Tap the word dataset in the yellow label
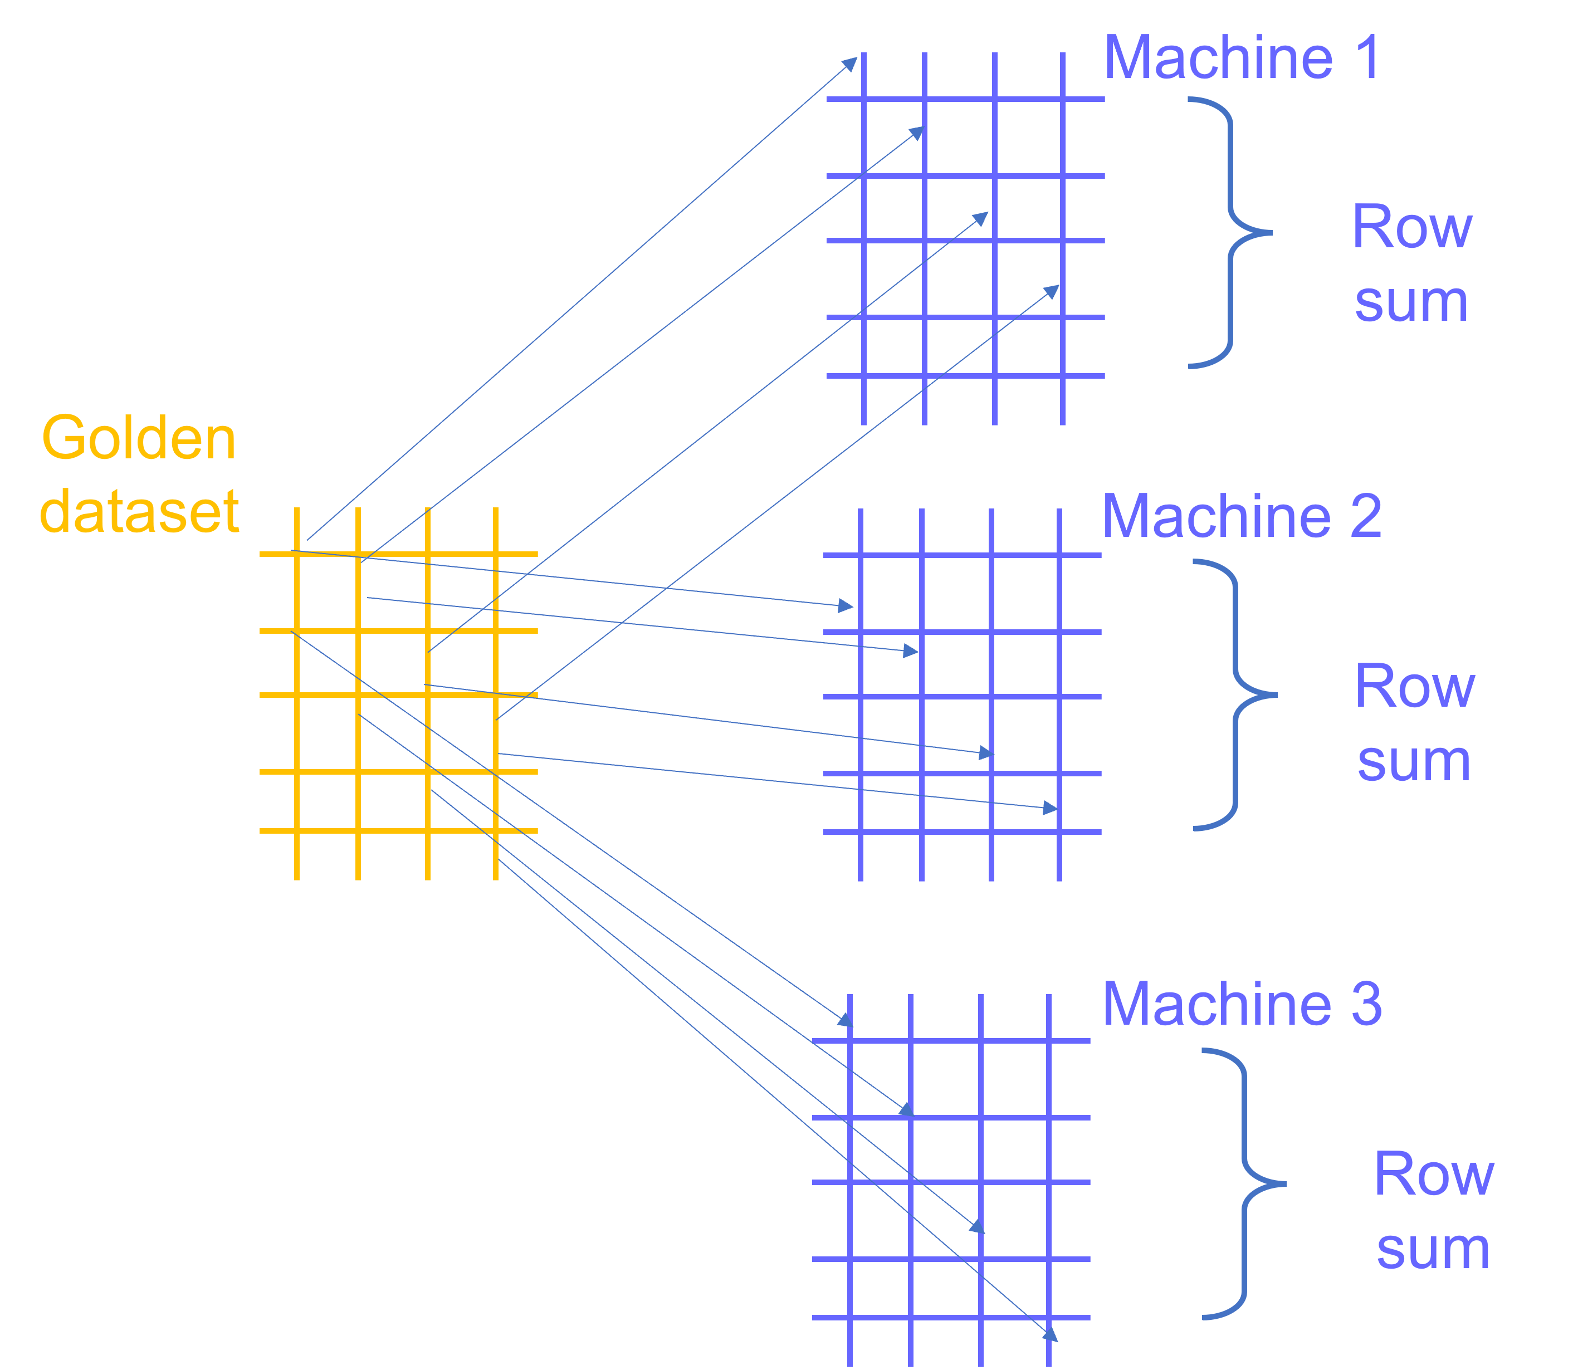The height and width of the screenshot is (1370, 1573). click(139, 511)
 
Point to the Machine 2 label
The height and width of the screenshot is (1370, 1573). click(1241, 516)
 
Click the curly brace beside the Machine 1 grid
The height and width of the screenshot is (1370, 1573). click(1230, 232)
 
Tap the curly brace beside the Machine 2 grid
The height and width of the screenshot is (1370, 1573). click(1235, 695)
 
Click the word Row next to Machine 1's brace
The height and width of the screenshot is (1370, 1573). click(1411, 227)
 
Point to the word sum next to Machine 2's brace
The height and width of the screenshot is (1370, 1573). click(1414, 762)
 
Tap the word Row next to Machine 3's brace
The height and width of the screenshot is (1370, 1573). click(1434, 1175)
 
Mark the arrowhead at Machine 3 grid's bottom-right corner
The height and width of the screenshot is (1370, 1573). click(1050, 1333)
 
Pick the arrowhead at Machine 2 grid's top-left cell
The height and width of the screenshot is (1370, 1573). click(845, 605)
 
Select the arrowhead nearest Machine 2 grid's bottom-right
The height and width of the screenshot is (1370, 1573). click(1050, 808)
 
